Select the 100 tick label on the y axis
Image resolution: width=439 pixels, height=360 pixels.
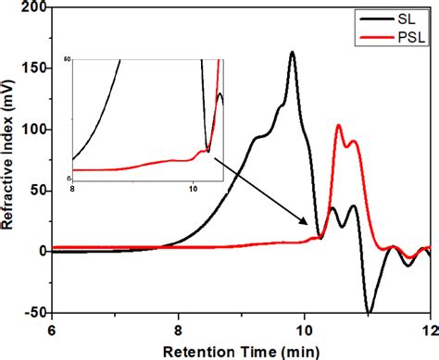click(33, 128)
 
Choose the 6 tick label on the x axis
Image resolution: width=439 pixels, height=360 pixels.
click(53, 328)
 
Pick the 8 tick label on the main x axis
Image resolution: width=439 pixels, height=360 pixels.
click(179, 328)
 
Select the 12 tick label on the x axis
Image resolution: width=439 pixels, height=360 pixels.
click(429, 328)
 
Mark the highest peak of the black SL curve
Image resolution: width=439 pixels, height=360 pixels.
click(293, 53)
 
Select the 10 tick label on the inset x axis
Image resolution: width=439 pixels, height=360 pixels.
click(192, 188)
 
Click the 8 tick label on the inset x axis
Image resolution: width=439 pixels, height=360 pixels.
click(72, 188)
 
